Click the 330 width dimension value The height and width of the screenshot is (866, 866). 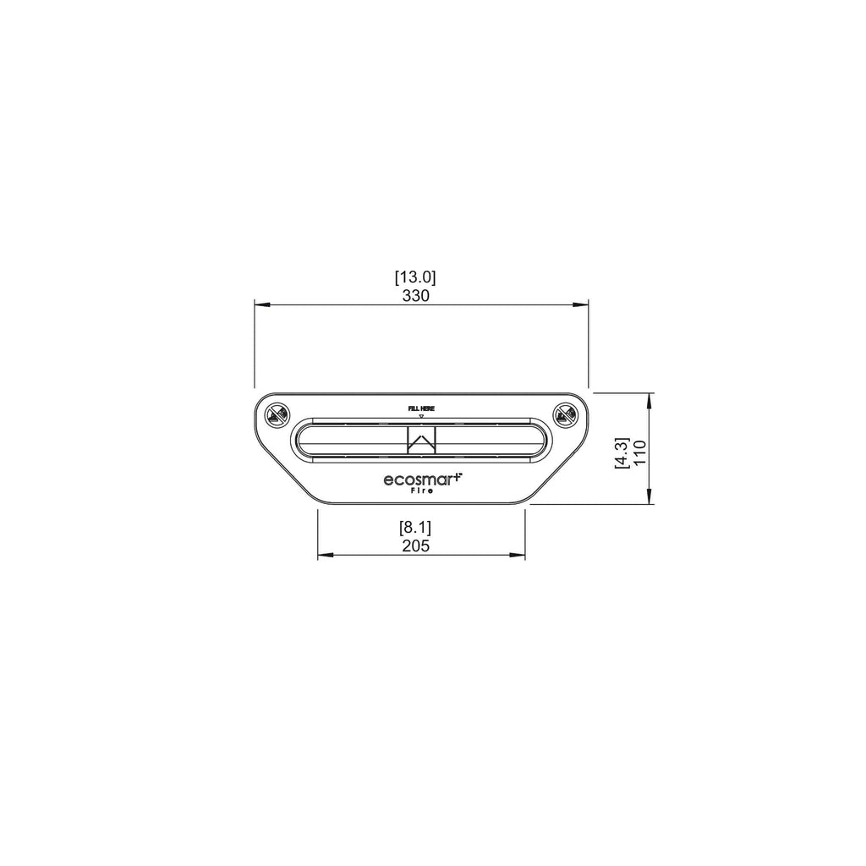click(x=415, y=296)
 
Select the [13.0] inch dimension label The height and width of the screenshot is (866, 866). click(x=415, y=277)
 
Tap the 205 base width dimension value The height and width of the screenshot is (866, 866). click(x=415, y=546)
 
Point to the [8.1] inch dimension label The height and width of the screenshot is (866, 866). click(x=415, y=528)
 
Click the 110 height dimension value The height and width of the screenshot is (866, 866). click(x=639, y=452)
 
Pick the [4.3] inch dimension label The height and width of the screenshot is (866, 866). click(x=622, y=453)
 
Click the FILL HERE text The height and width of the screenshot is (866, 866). click(x=421, y=408)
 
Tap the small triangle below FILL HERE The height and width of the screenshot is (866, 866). click(x=421, y=416)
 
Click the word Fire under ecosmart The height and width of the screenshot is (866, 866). click(x=422, y=491)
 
